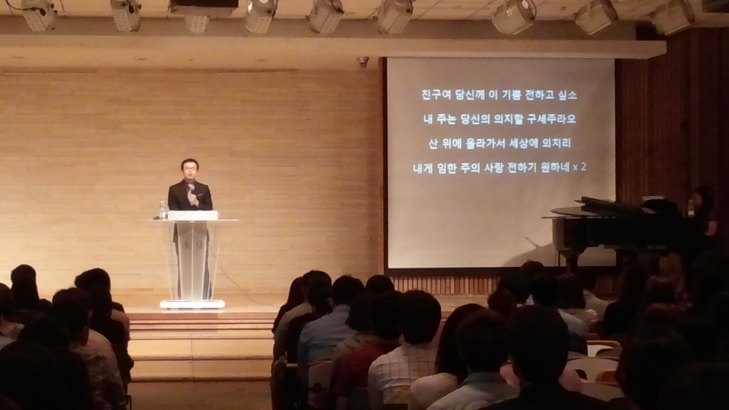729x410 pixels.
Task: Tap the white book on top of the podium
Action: (x=193, y=215)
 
